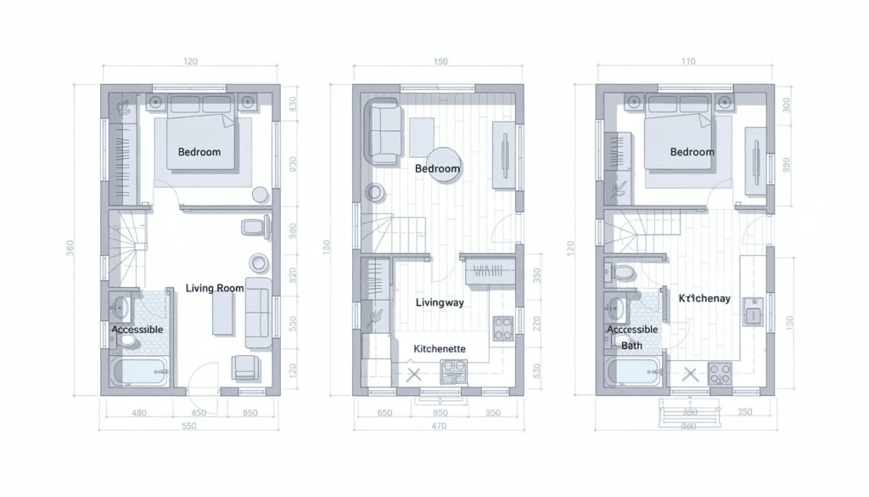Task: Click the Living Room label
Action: pyautogui.click(x=215, y=288)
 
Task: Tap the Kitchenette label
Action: pyautogui.click(x=439, y=349)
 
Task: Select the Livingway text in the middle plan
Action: pyautogui.click(x=440, y=302)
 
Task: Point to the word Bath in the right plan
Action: pyautogui.click(x=631, y=346)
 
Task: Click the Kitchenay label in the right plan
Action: pyautogui.click(x=704, y=298)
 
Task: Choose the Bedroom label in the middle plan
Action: pyautogui.click(x=437, y=168)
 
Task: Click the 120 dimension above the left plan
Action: pyautogui.click(x=190, y=61)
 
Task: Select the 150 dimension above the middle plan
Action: pyautogui.click(x=440, y=61)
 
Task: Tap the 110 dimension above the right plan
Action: pyautogui.click(x=687, y=61)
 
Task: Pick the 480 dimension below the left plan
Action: pyautogui.click(x=140, y=413)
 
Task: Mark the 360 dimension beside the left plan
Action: pyautogui.click(x=70, y=247)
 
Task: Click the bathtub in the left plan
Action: pyautogui.click(x=140, y=371)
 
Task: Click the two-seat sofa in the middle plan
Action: pyautogui.click(x=383, y=131)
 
